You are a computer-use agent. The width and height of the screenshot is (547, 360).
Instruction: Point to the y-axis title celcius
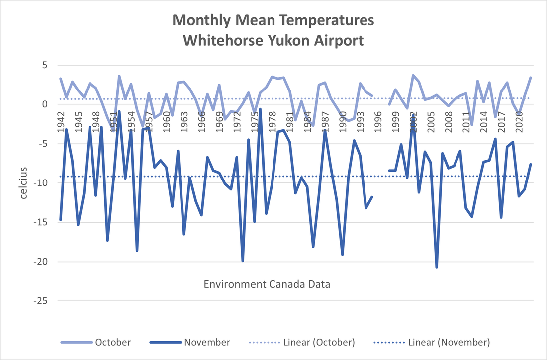pyautogui.click(x=23, y=182)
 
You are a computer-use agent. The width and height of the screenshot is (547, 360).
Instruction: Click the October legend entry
pyautogui.click(x=113, y=342)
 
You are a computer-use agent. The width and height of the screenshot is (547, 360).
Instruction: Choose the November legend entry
pyautogui.click(x=207, y=342)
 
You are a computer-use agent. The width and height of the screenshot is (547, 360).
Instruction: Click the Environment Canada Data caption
pyautogui.click(x=267, y=285)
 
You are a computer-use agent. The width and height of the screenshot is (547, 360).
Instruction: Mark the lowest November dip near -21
pyautogui.click(x=437, y=267)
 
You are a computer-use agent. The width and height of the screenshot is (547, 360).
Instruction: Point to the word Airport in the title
pyautogui.click(x=337, y=40)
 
